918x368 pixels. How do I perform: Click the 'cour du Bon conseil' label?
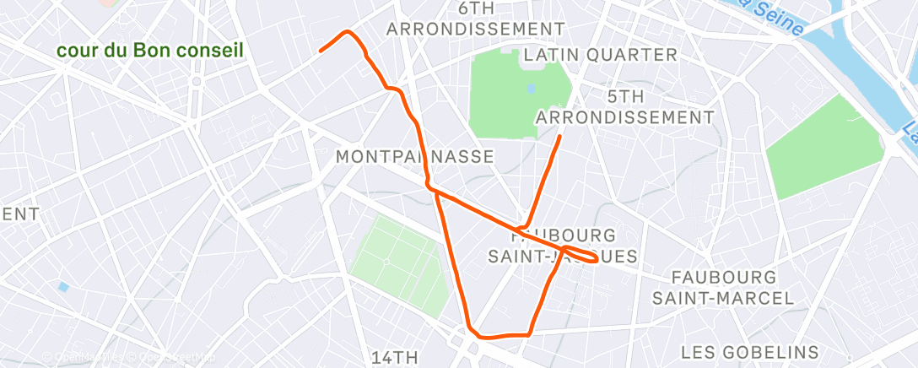pos(150,51)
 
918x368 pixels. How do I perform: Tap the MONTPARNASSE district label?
pos(414,157)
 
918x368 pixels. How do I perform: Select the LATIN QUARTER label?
pos(600,55)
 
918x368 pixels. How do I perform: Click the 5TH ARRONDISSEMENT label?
pos(624,105)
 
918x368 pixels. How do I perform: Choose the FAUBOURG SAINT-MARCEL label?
pos(722,287)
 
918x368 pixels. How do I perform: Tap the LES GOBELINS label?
pos(749,351)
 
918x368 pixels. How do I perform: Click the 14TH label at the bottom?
pos(395,357)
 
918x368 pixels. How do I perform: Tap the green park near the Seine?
pos(817,148)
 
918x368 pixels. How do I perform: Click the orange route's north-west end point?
pos(321,51)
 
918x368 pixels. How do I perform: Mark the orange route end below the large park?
pos(559,136)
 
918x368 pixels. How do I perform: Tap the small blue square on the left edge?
pos(63,287)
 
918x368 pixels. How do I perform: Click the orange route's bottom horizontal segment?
pos(504,335)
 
